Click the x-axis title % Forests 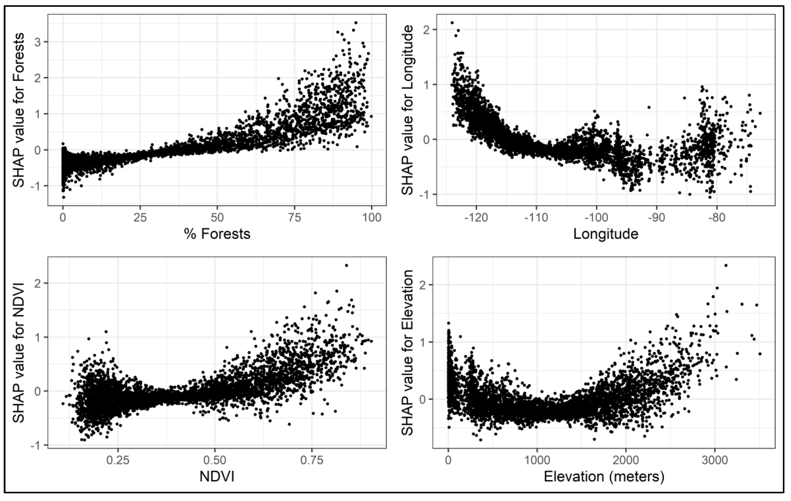click(x=217, y=234)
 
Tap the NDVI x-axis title click(x=217, y=477)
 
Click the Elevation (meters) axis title click(x=604, y=477)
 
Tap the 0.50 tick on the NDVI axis click(x=215, y=460)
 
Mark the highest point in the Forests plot click(x=356, y=23)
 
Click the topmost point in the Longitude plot click(x=452, y=23)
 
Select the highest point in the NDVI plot click(x=346, y=265)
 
